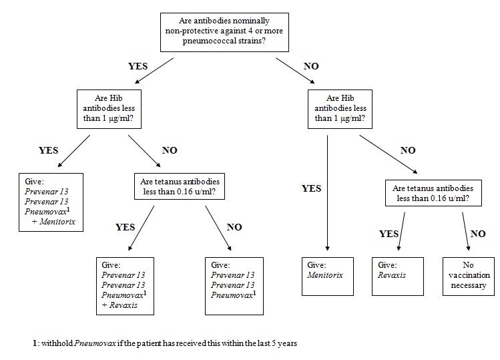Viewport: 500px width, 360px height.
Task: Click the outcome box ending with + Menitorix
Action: pyautogui.click(x=51, y=202)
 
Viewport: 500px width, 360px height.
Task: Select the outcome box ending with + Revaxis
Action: pyautogui.click(x=124, y=285)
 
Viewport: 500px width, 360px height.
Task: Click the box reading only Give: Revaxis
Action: pyautogui.click(x=398, y=276)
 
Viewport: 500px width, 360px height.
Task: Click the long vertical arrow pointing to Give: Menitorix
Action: pyautogui.click(x=327, y=194)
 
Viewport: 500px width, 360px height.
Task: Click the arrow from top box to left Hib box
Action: pyautogui.click(x=147, y=73)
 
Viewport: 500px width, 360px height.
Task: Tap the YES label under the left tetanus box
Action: pyautogui.click(x=125, y=227)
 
